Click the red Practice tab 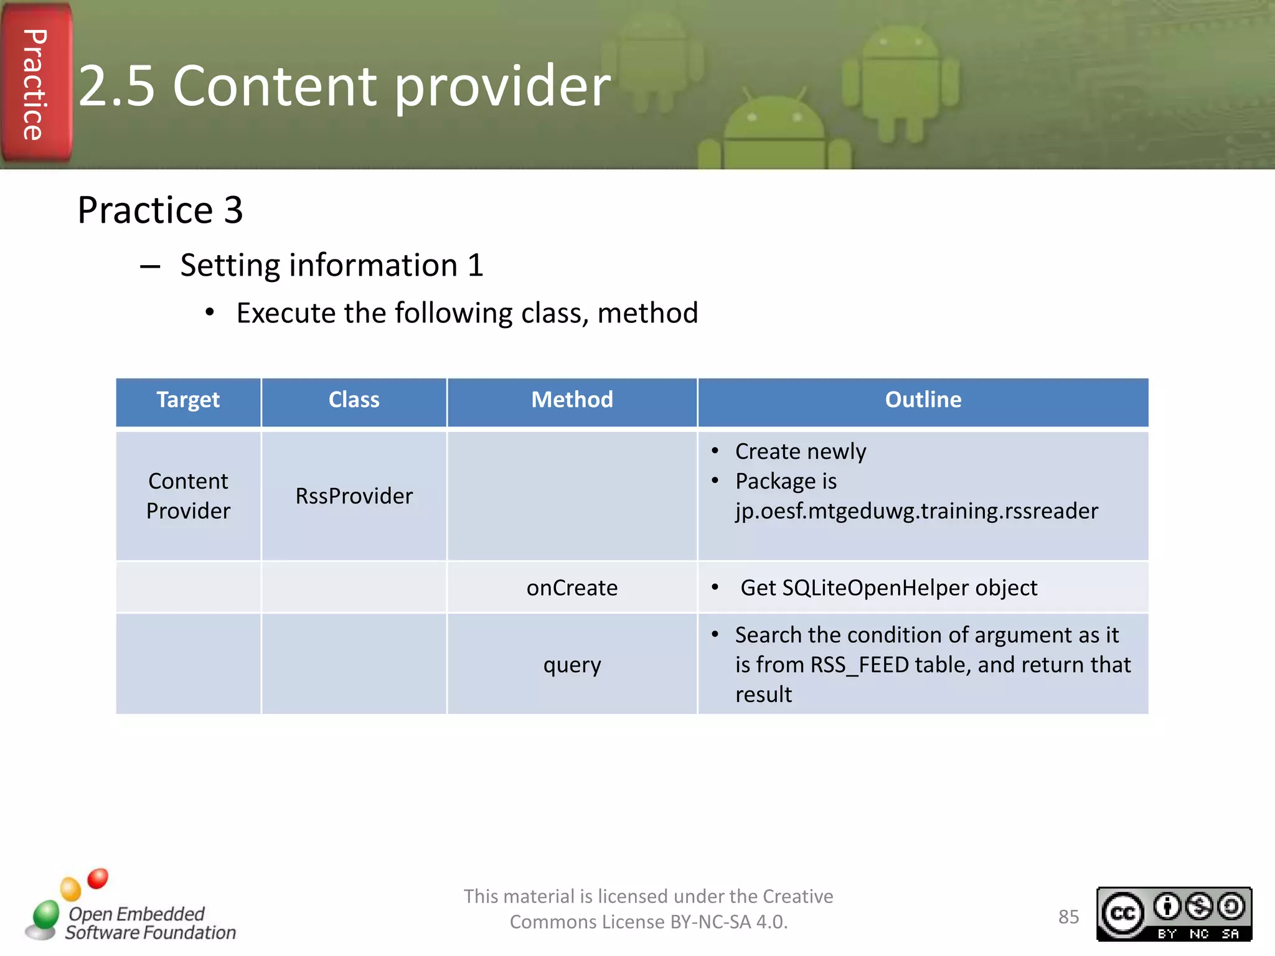coord(35,84)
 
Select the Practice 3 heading coord(160,210)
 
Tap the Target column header coord(188,400)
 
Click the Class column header coord(354,400)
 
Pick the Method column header coord(572,400)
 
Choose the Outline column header coord(923,400)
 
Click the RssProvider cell coord(354,496)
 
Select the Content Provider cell coord(188,496)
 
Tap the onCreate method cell coord(572,588)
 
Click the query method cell coord(572,665)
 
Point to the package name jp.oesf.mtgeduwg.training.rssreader coord(916,511)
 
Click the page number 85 coord(1068,917)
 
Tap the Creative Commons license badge coord(1174,914)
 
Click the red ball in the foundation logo coord(98,879)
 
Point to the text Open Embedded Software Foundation coord(151,923)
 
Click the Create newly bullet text coord(801,452)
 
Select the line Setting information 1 coord(332,266)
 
